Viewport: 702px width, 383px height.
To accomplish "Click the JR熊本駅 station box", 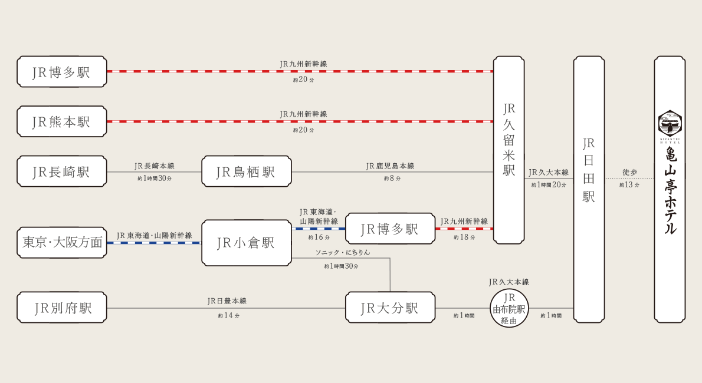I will [62, 121].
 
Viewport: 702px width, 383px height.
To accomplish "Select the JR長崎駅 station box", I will [62, 171].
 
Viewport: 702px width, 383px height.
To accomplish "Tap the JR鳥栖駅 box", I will [246, 171].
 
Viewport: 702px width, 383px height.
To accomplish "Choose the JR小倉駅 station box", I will [246, 243].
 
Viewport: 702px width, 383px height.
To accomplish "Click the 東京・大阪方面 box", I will [62, 243].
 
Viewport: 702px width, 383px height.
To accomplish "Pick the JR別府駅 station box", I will [62, 308].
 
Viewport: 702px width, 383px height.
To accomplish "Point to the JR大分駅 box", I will [390, 308].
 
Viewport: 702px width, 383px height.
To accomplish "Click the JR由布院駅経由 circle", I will [509, 308].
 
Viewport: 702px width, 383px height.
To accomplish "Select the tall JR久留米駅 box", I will [509, 150].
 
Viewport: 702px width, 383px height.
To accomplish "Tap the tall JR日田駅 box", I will [589, 189].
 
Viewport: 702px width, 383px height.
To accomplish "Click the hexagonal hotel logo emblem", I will [670, 123].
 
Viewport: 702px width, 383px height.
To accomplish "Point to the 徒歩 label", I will [629, 172].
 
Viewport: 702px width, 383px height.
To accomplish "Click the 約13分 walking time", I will [629, 185].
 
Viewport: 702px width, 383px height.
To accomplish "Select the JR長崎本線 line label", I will [155, 166].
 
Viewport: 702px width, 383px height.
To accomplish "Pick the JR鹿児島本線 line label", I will [390, 166].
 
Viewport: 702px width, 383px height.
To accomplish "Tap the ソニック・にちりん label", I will [343, 252].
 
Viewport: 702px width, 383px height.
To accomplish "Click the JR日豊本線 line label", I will [227, 301].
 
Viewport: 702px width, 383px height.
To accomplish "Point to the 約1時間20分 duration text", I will [549, 185].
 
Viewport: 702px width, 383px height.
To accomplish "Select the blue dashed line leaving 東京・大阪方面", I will [154, 243].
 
